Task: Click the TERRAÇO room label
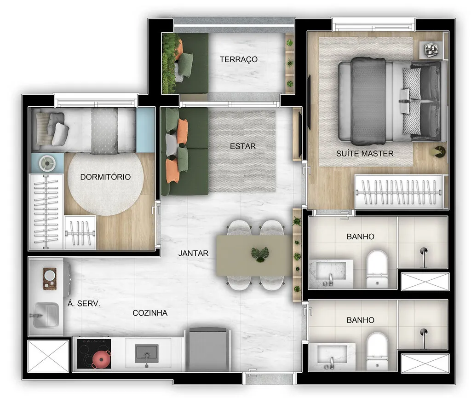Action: pyautogui.click(x=238, y=59)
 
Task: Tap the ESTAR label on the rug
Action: pyautogui.click(x=243, y=146)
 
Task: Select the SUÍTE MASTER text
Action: pyautogui.click(x=365, y=153)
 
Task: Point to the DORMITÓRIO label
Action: pyautogui.click(x=105, y=177)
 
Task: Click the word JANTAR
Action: pyautogui.click(x=194, y=253)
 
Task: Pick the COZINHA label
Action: pyautogui.click(x=150, y=313)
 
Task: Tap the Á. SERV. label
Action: pyautogui.click(x=84, y=304)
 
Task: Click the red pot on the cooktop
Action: pyautogui.click(x=101, y=359)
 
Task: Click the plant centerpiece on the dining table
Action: pyautogui.click(x=260, y=254)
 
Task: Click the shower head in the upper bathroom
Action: pyautogui.click(x=423, y=252)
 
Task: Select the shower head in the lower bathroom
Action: pyautogui.click(x=423, y=333)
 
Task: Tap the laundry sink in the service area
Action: pyautogui.click(x=45, y=315)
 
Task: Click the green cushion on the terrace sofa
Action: pyautogui.click(x=186, y=64)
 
